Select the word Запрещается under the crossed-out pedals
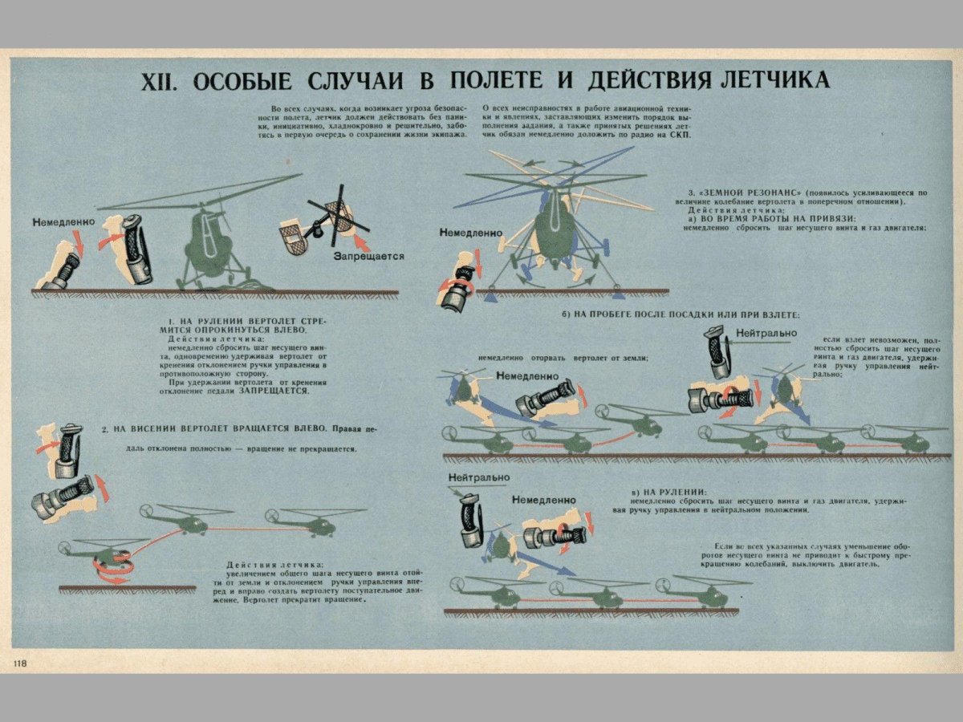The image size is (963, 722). tap(368, 257)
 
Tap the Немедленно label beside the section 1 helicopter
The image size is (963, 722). tap(64, 221)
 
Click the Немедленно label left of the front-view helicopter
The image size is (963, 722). tap(470, 233)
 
